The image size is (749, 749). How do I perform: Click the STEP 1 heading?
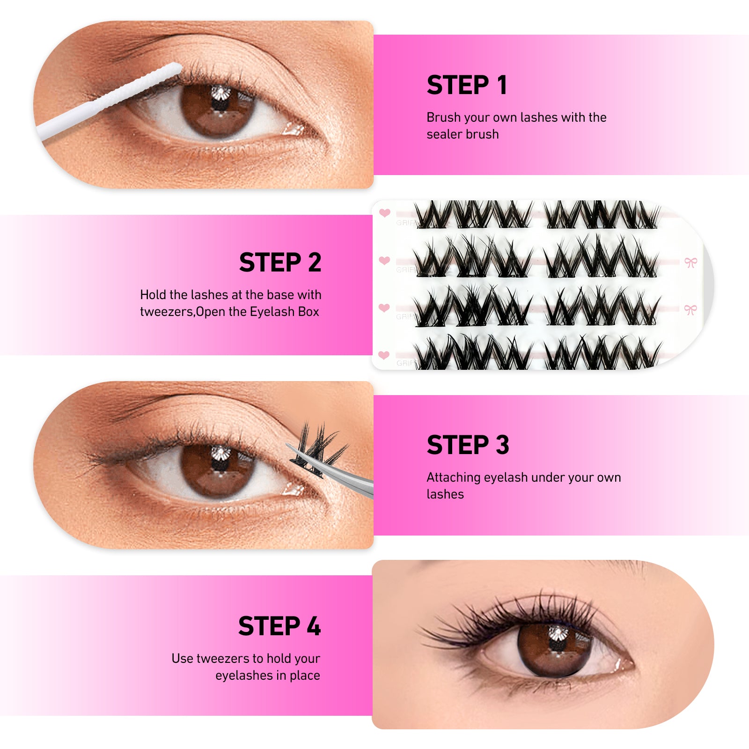[x=466, y=85]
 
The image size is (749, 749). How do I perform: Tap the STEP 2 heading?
[x=280, y=262]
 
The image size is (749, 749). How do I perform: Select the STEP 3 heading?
[x=467, y=445]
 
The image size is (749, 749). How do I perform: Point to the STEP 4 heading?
[x=279, y=626]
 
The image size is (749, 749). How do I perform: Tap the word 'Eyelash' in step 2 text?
[x=272, y=312]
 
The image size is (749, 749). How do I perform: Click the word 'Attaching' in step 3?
[x=453, y=477]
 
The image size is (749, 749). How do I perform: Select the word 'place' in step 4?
[x=305, y=676]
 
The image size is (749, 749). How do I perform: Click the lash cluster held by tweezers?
[x=318, y=445]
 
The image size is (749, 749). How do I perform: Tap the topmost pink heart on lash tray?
[x=385, y=213]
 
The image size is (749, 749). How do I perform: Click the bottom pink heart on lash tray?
[x=384, y=355]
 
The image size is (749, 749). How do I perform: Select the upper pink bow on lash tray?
[x=690, y=262]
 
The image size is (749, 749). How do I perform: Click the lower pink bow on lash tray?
[x=690, y=309]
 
